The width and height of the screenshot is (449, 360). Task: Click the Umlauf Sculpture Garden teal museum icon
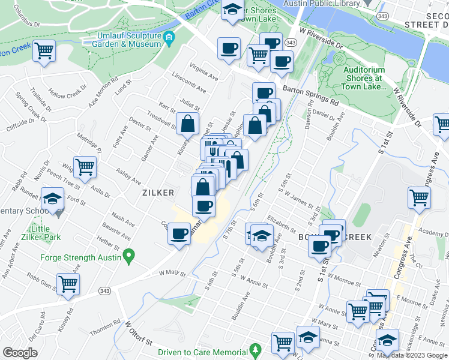pyautogui.click(x=169, y=39)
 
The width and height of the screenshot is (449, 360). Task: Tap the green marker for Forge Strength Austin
pyautogui.click(x=128, y=258)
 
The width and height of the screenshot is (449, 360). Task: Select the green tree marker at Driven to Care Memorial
pyautogui.click(x=255, y=349)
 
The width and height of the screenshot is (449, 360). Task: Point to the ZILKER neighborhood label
pyautogui.click(x=158, y=193)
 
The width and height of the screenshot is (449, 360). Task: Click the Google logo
pyautogui.click(x=20, y=352)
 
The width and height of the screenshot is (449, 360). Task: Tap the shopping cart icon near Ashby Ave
pyautogui.click(x=85, y=167)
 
